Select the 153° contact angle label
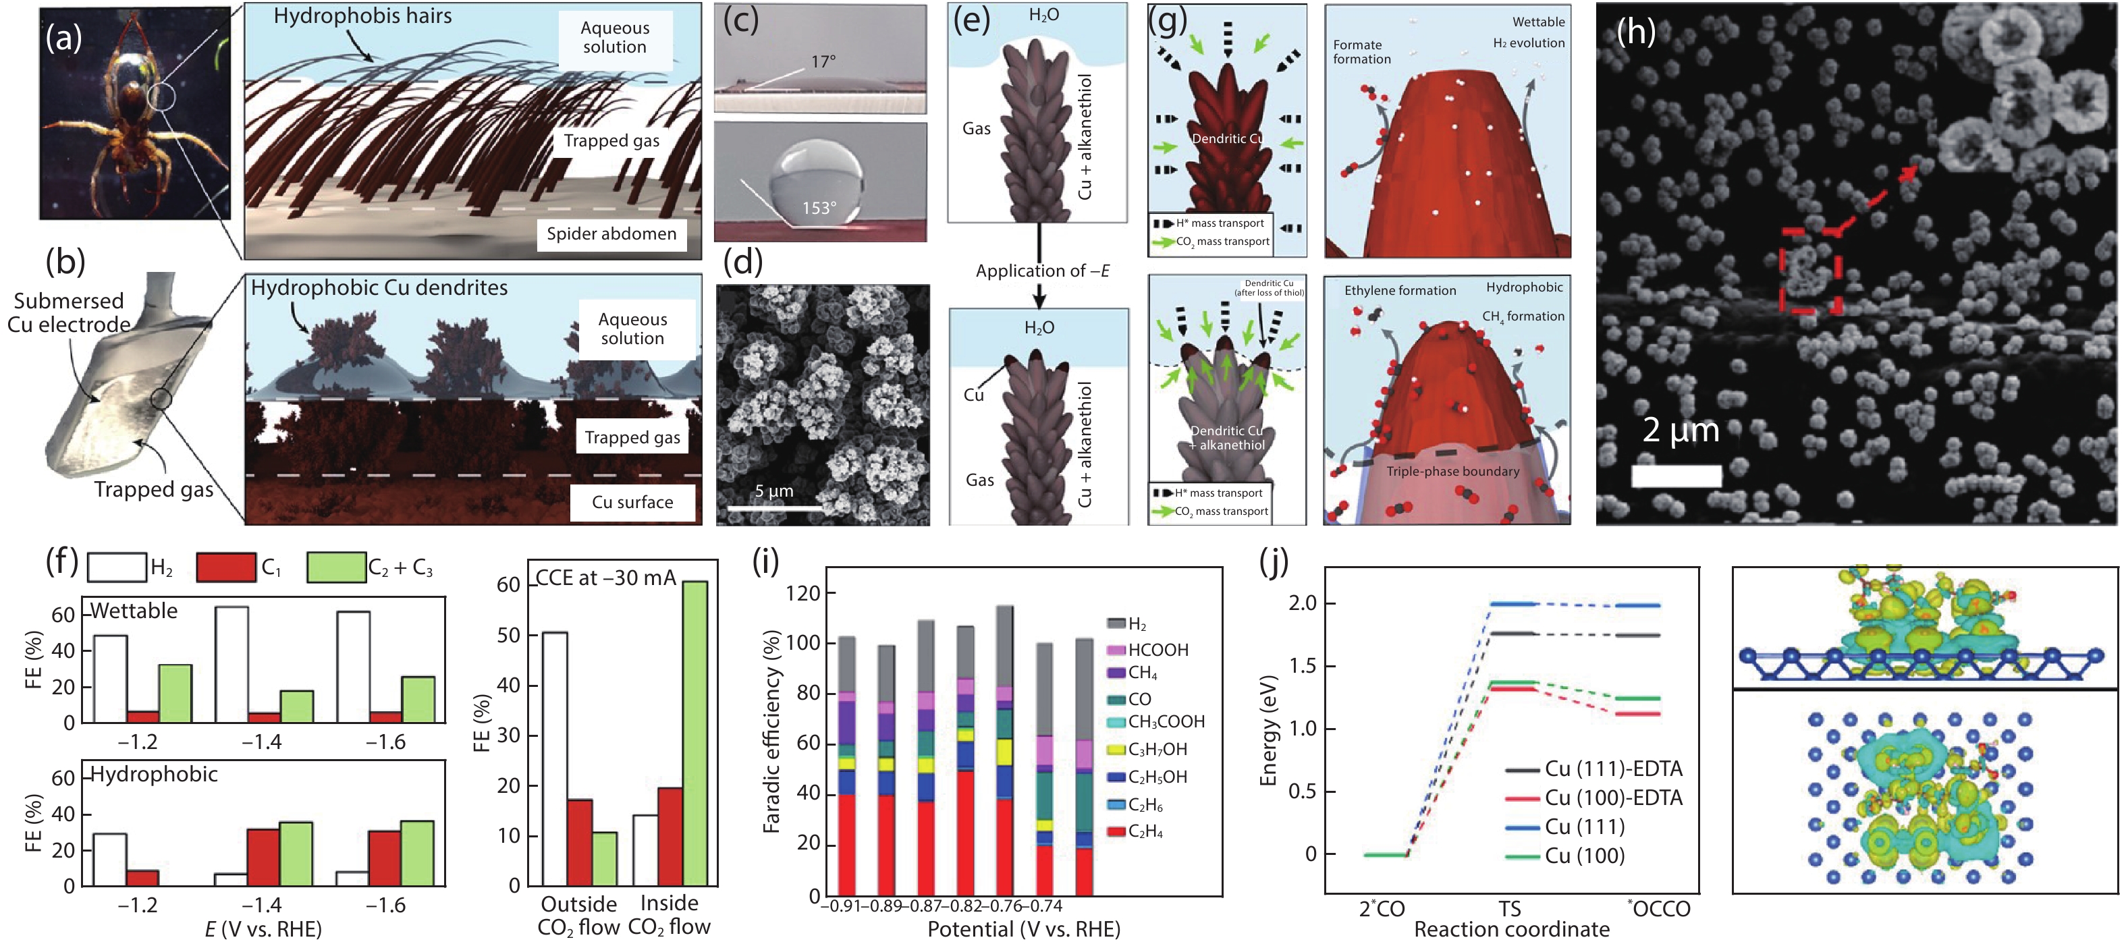(x=819, y=208)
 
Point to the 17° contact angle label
(x=823, y=62)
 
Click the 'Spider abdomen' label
(x=611, y=234)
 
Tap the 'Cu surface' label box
(x=632, y=503)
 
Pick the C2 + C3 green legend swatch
(x=336, y=567)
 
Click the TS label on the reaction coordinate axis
(x=1510, y=908)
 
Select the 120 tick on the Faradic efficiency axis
(x=802, y=593)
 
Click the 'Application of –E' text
(x=1041, y=271)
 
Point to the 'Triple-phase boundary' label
(x=1452, y=471)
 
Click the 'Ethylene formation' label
(x=1400, y=290)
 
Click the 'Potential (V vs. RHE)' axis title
(x=1023, y=929)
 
